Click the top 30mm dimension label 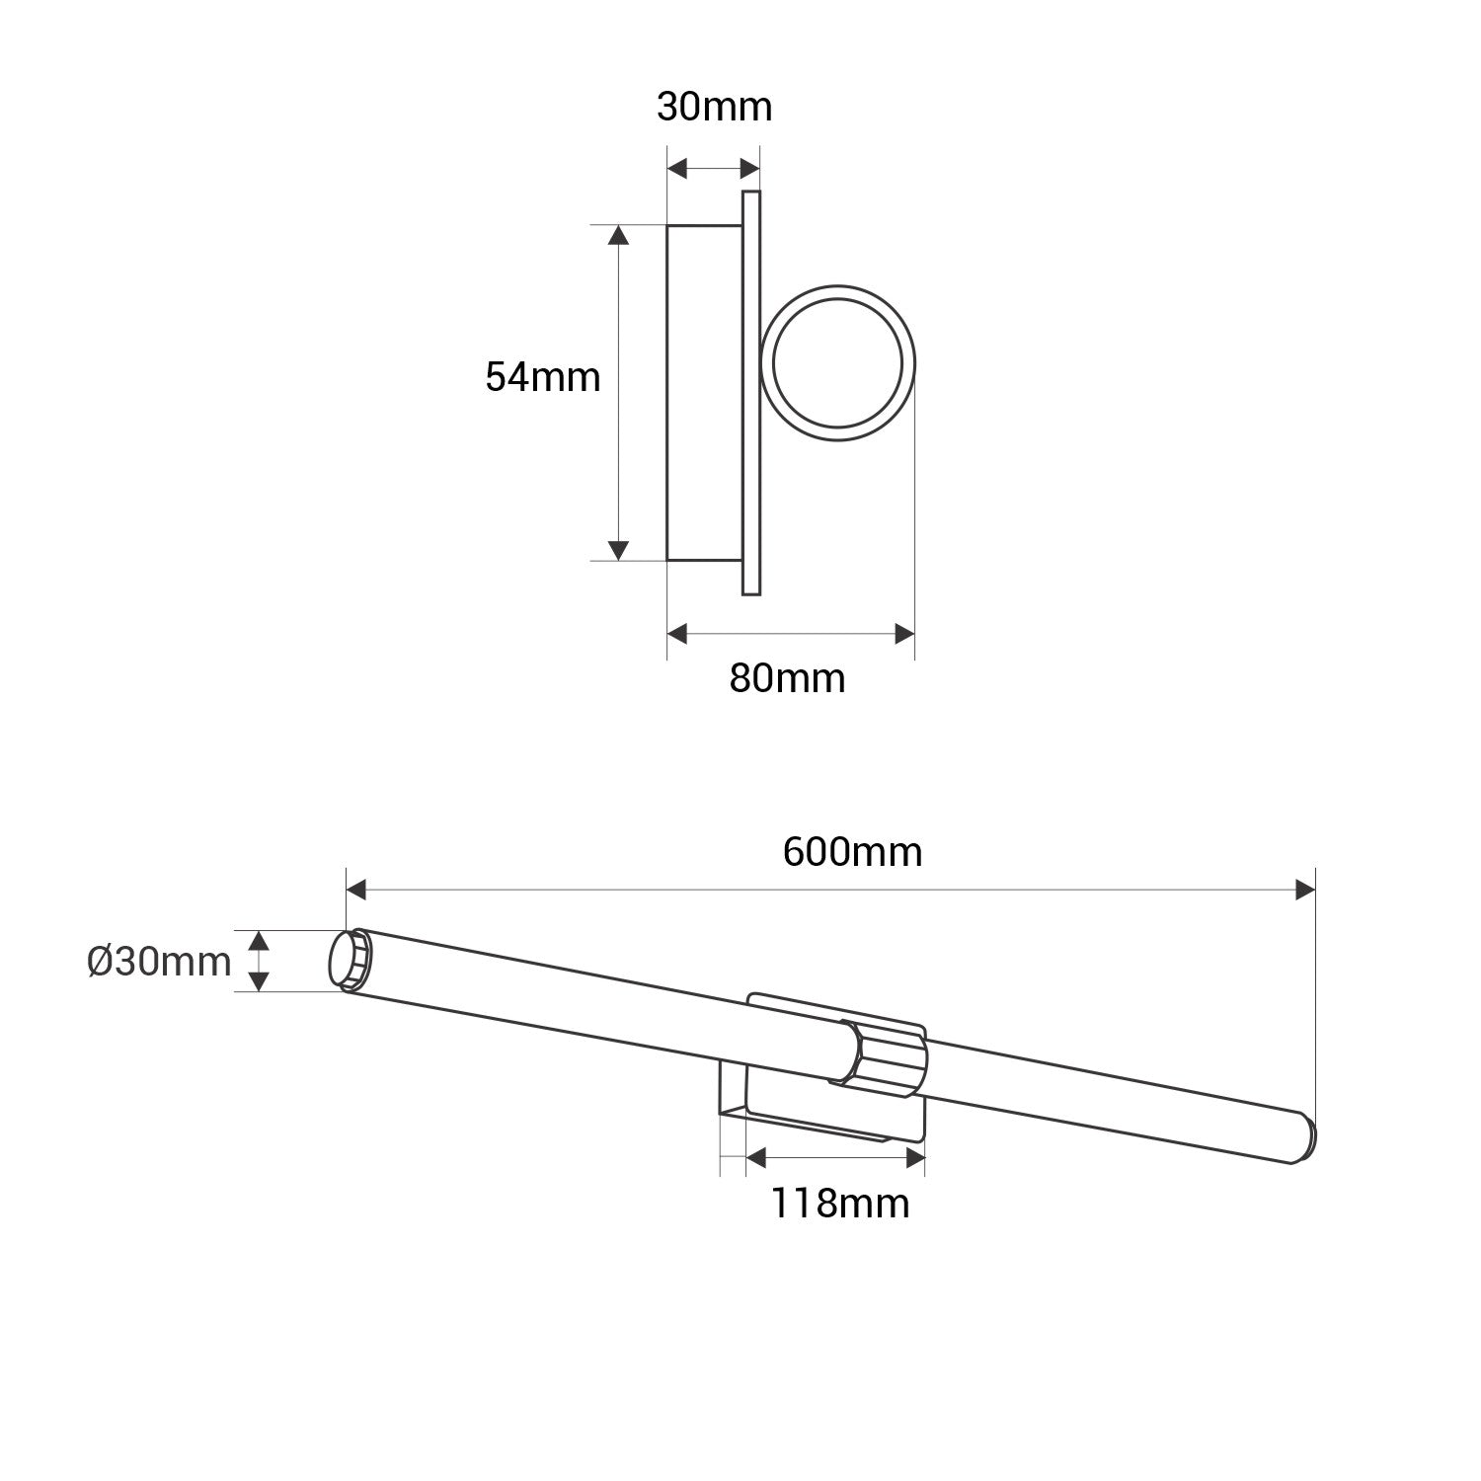[x=714, y=107]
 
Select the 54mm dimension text [x=543, y=377]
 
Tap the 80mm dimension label [x=787, y=678]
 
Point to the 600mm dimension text [x=852, y=851]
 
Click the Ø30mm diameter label [x=159, y=961]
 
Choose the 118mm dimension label [x=839, y=1203]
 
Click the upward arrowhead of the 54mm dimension [x=618, y=235]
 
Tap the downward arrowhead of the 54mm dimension [x=618, y=550]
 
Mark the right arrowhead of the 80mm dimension [x=903, y=634]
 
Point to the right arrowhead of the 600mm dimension [x=1304, y=891]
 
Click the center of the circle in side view [x=837, y=363]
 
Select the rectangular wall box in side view [x=704, y=393]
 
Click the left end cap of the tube [x=349, y=960]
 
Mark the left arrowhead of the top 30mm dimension [x=677, y=169]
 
